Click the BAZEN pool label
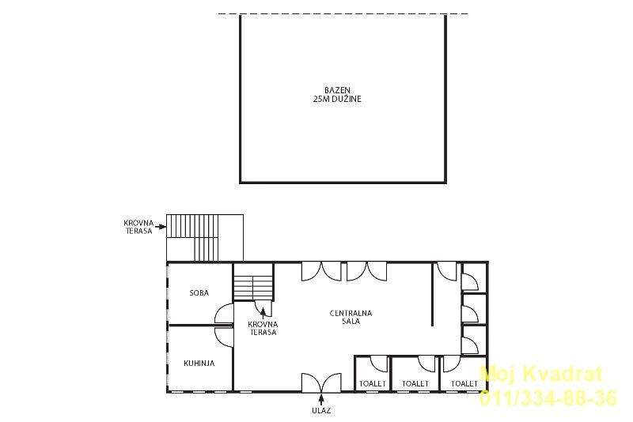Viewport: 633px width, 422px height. pos(337,90)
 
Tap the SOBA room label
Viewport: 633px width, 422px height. pos(199,293)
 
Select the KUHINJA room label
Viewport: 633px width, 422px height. pos(199,364)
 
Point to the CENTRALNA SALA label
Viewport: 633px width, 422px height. pos(351,317)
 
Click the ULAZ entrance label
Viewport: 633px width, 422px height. pos(321,411)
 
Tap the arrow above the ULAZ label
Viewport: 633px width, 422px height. pos(321,399)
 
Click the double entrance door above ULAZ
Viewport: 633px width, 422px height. pos(321,382)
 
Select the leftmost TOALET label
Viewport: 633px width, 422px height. pos(373,384)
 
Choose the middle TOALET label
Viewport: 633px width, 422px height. pos(415,384)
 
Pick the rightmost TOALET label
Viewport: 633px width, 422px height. pos(464,384)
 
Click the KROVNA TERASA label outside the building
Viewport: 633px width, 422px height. pos(138,227)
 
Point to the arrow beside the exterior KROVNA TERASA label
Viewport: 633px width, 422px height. pos(161,227)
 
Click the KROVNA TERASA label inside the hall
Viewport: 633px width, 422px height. pos(263,328)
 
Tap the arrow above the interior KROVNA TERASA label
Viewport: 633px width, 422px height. pos(263,313)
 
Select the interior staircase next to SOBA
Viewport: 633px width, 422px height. pos(253,282)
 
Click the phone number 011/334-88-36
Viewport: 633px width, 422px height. pos(548,398)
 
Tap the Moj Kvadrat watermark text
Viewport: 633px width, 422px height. pos(541,374)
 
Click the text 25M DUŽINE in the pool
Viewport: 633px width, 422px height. pos(337,99)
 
